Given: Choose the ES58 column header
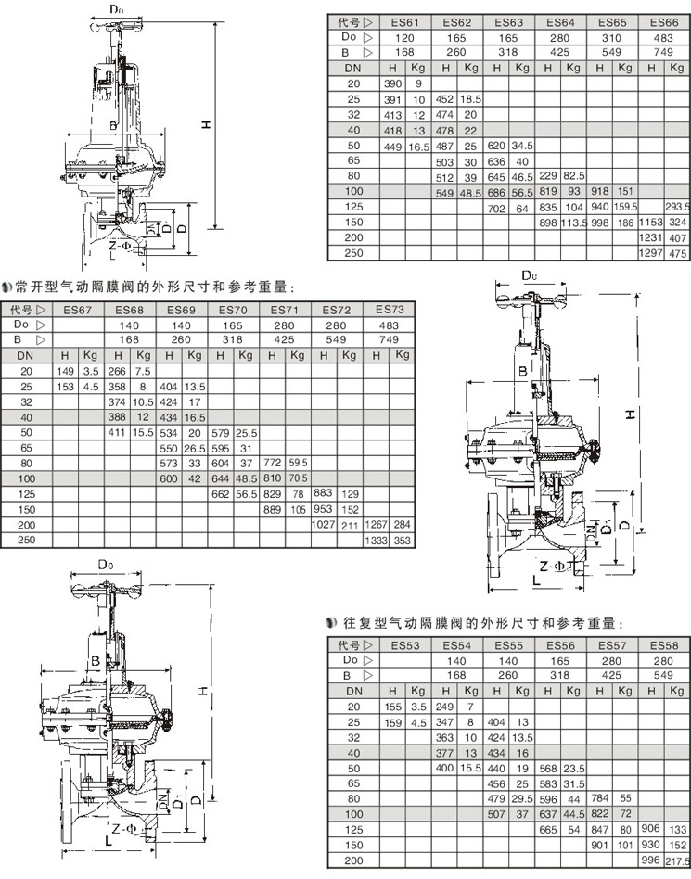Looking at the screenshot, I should tap(663, 644).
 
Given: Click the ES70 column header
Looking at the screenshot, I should tap(233, 310).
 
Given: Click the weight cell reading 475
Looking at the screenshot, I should tap(677, 253).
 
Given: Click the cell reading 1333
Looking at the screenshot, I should tap(376, 540).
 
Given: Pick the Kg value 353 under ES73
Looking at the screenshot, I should tap(402, 540).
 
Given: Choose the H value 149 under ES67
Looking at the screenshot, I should tap(65, 371).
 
